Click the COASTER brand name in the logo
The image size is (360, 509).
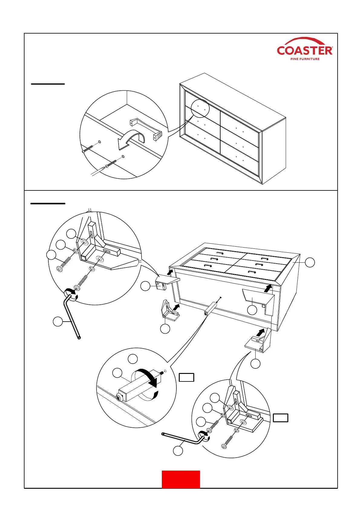point(304,50)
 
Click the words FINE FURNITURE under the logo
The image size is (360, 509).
point(305,59)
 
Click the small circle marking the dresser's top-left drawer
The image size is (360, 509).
point(200,108)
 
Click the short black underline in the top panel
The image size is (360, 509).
point(48,84)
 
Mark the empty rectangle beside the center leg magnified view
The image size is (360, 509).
point(186,377)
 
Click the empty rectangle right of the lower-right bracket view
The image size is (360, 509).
point(280,418)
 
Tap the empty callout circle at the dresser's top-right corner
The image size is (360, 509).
point(310,262)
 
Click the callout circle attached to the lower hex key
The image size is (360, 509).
point(178,451)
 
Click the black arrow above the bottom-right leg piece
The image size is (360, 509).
point(260,332)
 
